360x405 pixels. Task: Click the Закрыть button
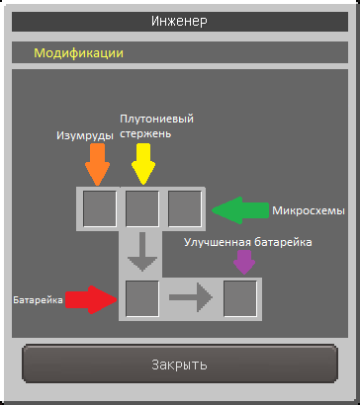pos(180,364)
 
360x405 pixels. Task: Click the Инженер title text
pos(180,22)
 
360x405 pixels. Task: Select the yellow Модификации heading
pos(79,53)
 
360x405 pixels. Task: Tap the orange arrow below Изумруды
pos(97,164)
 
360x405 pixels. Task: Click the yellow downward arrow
pos(143,164)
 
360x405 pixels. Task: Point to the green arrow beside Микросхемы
pos(240,210)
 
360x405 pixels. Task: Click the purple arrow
pos(244,263)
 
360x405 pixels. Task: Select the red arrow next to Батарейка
pos(92,299)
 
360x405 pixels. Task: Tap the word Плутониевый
pos(156,119)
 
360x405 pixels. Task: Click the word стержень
pos(145,134)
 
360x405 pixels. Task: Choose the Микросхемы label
pos(309,210)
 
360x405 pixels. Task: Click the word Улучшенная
pos(218,242)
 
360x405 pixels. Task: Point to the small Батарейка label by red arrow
pos(38,300)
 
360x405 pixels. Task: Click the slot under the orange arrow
pos(100,208)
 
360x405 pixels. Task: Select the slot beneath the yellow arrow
pos(142,208)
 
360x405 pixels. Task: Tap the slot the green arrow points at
pos(185,208)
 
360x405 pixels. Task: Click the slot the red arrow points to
pos(142,298)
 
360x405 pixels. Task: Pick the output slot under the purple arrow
pos(240,298)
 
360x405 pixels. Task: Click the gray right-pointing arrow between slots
pos(191,297)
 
